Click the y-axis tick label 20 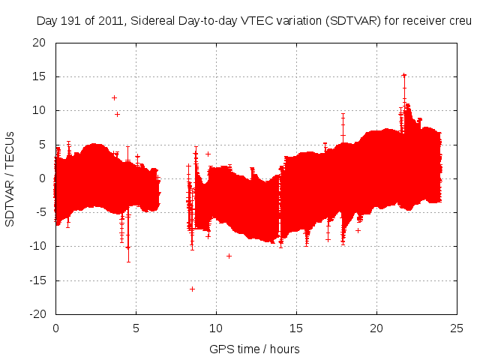[x=38, y=43]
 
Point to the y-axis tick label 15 [x=38, y=76]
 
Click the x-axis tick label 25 [x=457, y=328]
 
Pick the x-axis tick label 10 [x=216, y=328]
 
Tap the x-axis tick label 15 [x=296, y=328]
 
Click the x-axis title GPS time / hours [x=254, y=349]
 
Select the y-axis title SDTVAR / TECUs [x=10, y=178]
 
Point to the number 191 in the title [x=70, y=22]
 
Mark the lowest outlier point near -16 [x=192, y=289]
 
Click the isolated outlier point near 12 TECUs [x=114, y=97]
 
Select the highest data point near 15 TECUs [x=403, y=76]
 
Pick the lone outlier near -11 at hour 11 [x=229, y=256]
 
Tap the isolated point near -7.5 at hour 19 [x=358, y=230]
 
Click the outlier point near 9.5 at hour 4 [x=117, y=114]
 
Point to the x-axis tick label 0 [x=55, y=328]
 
